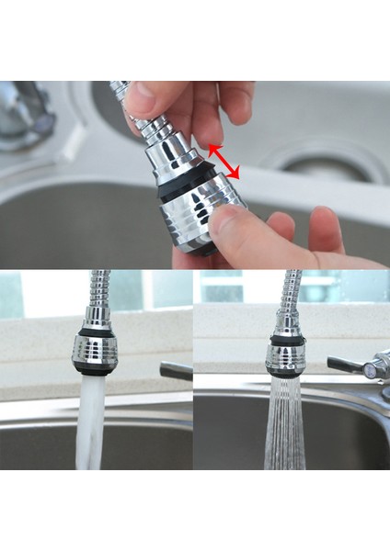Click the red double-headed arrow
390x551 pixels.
click(224, 160)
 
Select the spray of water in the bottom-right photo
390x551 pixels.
click(286, 422)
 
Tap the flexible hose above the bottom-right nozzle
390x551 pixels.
click(292, 292)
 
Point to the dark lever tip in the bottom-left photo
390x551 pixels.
click(177, 371)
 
